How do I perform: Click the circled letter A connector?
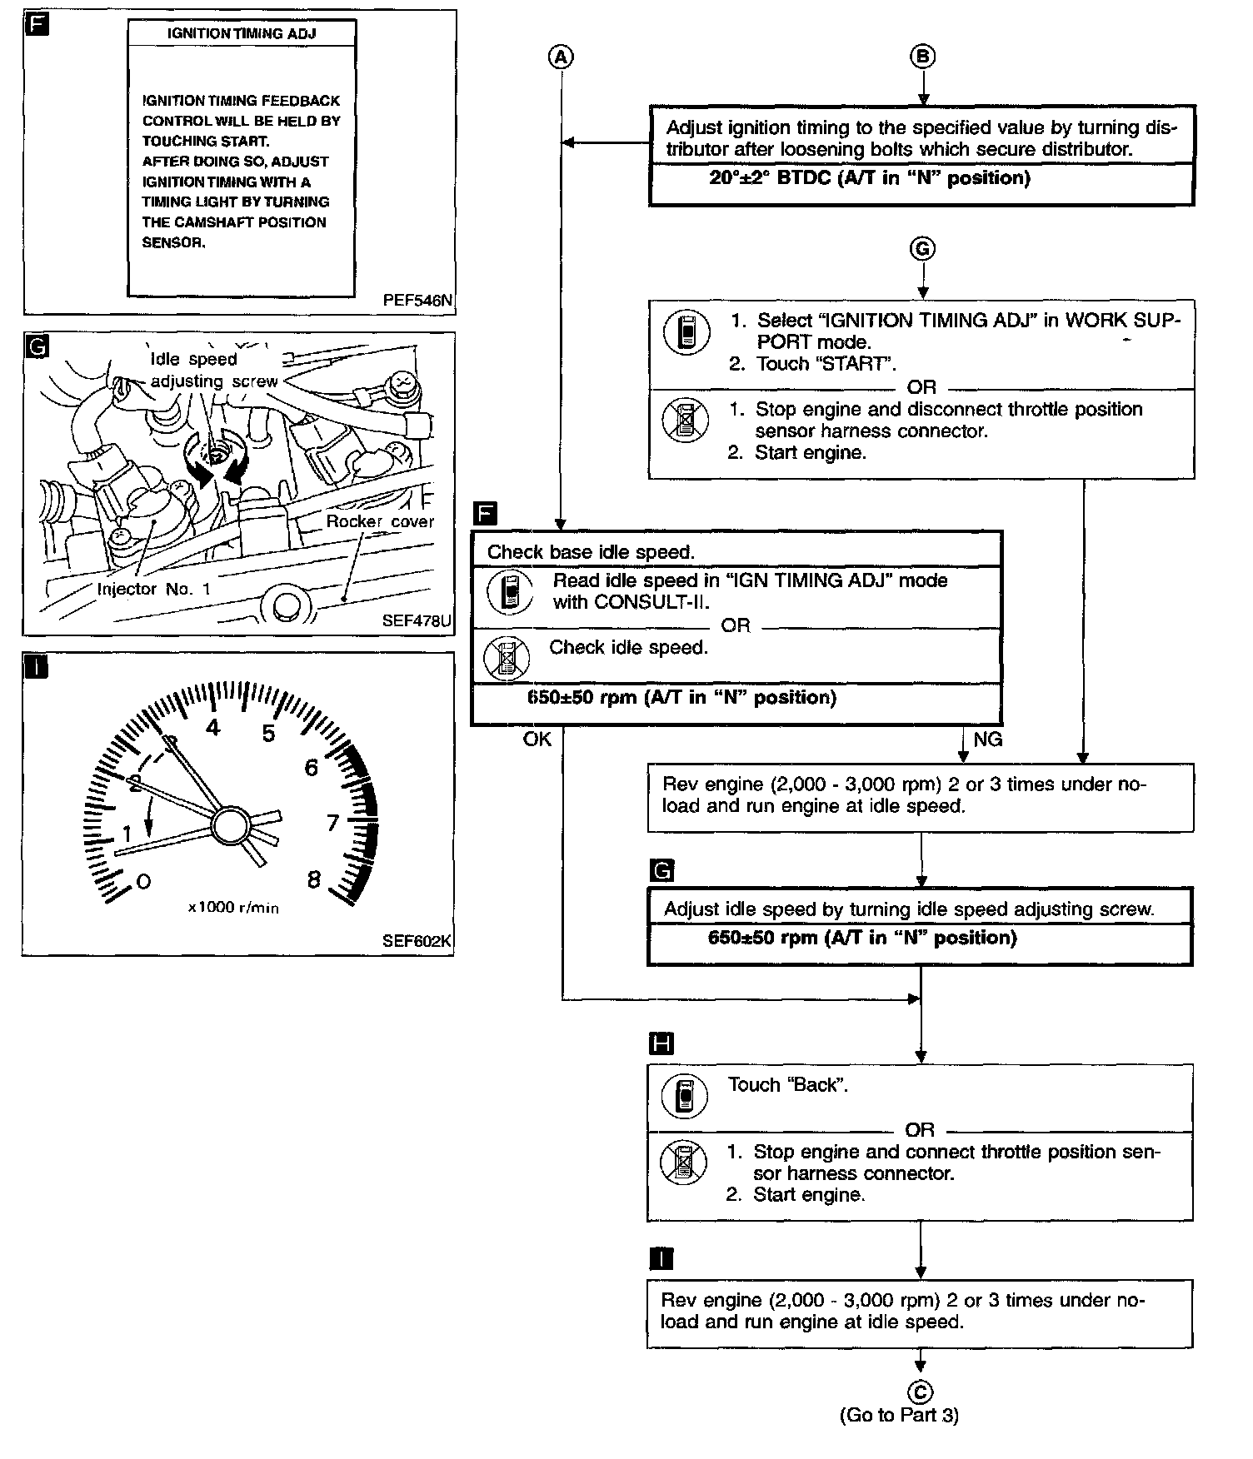(562, 57)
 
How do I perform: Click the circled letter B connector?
(922, 57)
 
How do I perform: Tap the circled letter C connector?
(921, 1392)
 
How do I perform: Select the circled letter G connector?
(922, 249)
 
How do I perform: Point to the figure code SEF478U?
(417, 620)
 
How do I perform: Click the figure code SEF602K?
(417, 941)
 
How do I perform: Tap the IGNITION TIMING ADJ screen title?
(242, 34)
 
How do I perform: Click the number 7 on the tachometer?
(332, 823)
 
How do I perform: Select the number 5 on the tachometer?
(268, 734)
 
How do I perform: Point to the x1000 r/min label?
(233, 908)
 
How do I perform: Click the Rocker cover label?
(380, 521)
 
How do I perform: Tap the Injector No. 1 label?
(154, 589)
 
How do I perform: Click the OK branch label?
(537, 739)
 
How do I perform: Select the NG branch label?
(987, 739)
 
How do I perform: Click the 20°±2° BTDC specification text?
(870, 177)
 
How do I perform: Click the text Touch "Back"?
(787, 1084)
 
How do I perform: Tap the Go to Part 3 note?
(900, 1415)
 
